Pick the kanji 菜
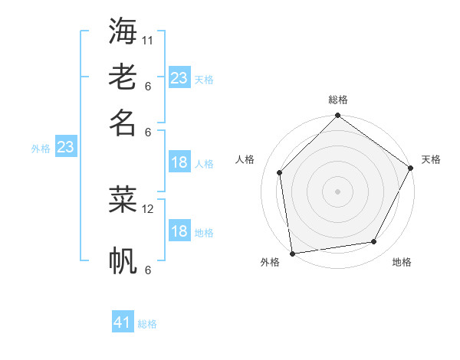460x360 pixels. pos(123,199)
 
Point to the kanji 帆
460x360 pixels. pos(123,260)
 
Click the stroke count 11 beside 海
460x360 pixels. pos(148,40)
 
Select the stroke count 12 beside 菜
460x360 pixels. pos(148,208)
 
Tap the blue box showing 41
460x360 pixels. pos(123,322)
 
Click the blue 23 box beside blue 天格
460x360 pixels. pos(179,78)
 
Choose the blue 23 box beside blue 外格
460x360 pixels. pos(65,147)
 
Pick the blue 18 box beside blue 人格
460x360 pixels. pos(179,162)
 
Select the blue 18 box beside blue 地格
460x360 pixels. pos(179,231)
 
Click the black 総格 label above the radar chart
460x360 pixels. pos(338,100)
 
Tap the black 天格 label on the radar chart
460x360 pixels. pos(431,159)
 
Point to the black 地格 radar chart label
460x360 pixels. pos(402,262)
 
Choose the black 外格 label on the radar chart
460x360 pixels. pos(270,262)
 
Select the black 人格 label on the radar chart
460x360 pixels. pos(245,159)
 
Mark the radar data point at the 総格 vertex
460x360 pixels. pos(337,116)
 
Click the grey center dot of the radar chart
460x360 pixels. pos(337,191)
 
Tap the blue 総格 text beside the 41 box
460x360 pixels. pos(147,324)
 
